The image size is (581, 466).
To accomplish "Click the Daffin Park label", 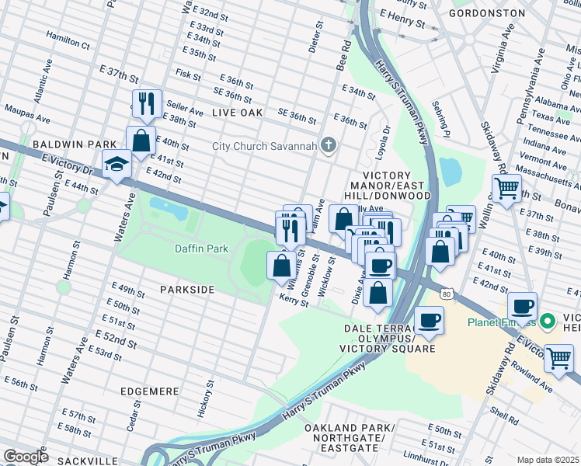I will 201,249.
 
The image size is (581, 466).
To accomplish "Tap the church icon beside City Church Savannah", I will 329,145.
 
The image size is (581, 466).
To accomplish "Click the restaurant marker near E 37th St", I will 145,103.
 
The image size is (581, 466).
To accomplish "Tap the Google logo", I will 25,457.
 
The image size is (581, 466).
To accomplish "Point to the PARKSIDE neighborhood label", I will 186,289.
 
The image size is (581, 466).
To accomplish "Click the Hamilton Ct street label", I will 68,37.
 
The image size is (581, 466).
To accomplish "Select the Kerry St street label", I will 294,300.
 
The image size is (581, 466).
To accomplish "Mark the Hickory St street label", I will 208,396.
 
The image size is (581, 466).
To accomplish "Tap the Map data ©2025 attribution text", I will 548,460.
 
